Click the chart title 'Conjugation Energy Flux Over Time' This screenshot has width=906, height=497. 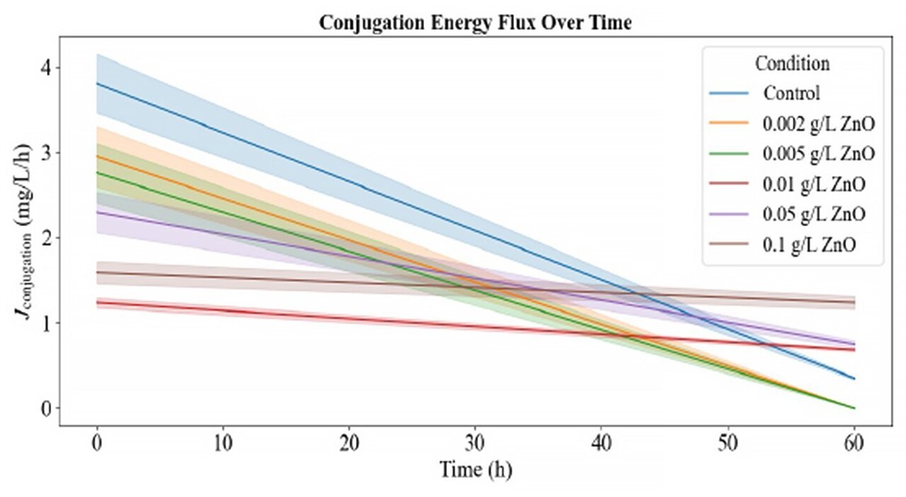tap(475, 23)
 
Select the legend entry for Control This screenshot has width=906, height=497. tap(791, 93)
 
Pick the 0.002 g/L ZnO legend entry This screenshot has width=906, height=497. tap(818, 123)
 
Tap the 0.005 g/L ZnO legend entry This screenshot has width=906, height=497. tap(818, 154)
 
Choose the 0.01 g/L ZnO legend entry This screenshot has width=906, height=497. tap(814, 184)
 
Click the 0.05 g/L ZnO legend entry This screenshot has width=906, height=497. tap(814, 214)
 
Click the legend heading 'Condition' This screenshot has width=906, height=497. tap(792, 63)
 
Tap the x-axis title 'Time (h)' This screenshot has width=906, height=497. tap(475, 469)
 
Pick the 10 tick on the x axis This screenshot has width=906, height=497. tap(223, 445)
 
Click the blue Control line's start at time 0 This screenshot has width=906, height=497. tap(97, 84)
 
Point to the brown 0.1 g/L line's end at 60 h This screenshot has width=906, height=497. tap(854, 302)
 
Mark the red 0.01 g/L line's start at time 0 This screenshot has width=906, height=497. tap(97, 302)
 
